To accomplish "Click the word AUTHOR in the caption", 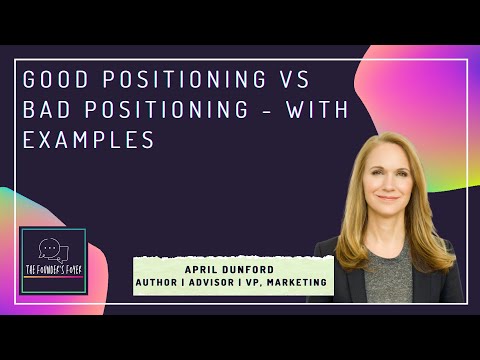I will click(x=163, y=283).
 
